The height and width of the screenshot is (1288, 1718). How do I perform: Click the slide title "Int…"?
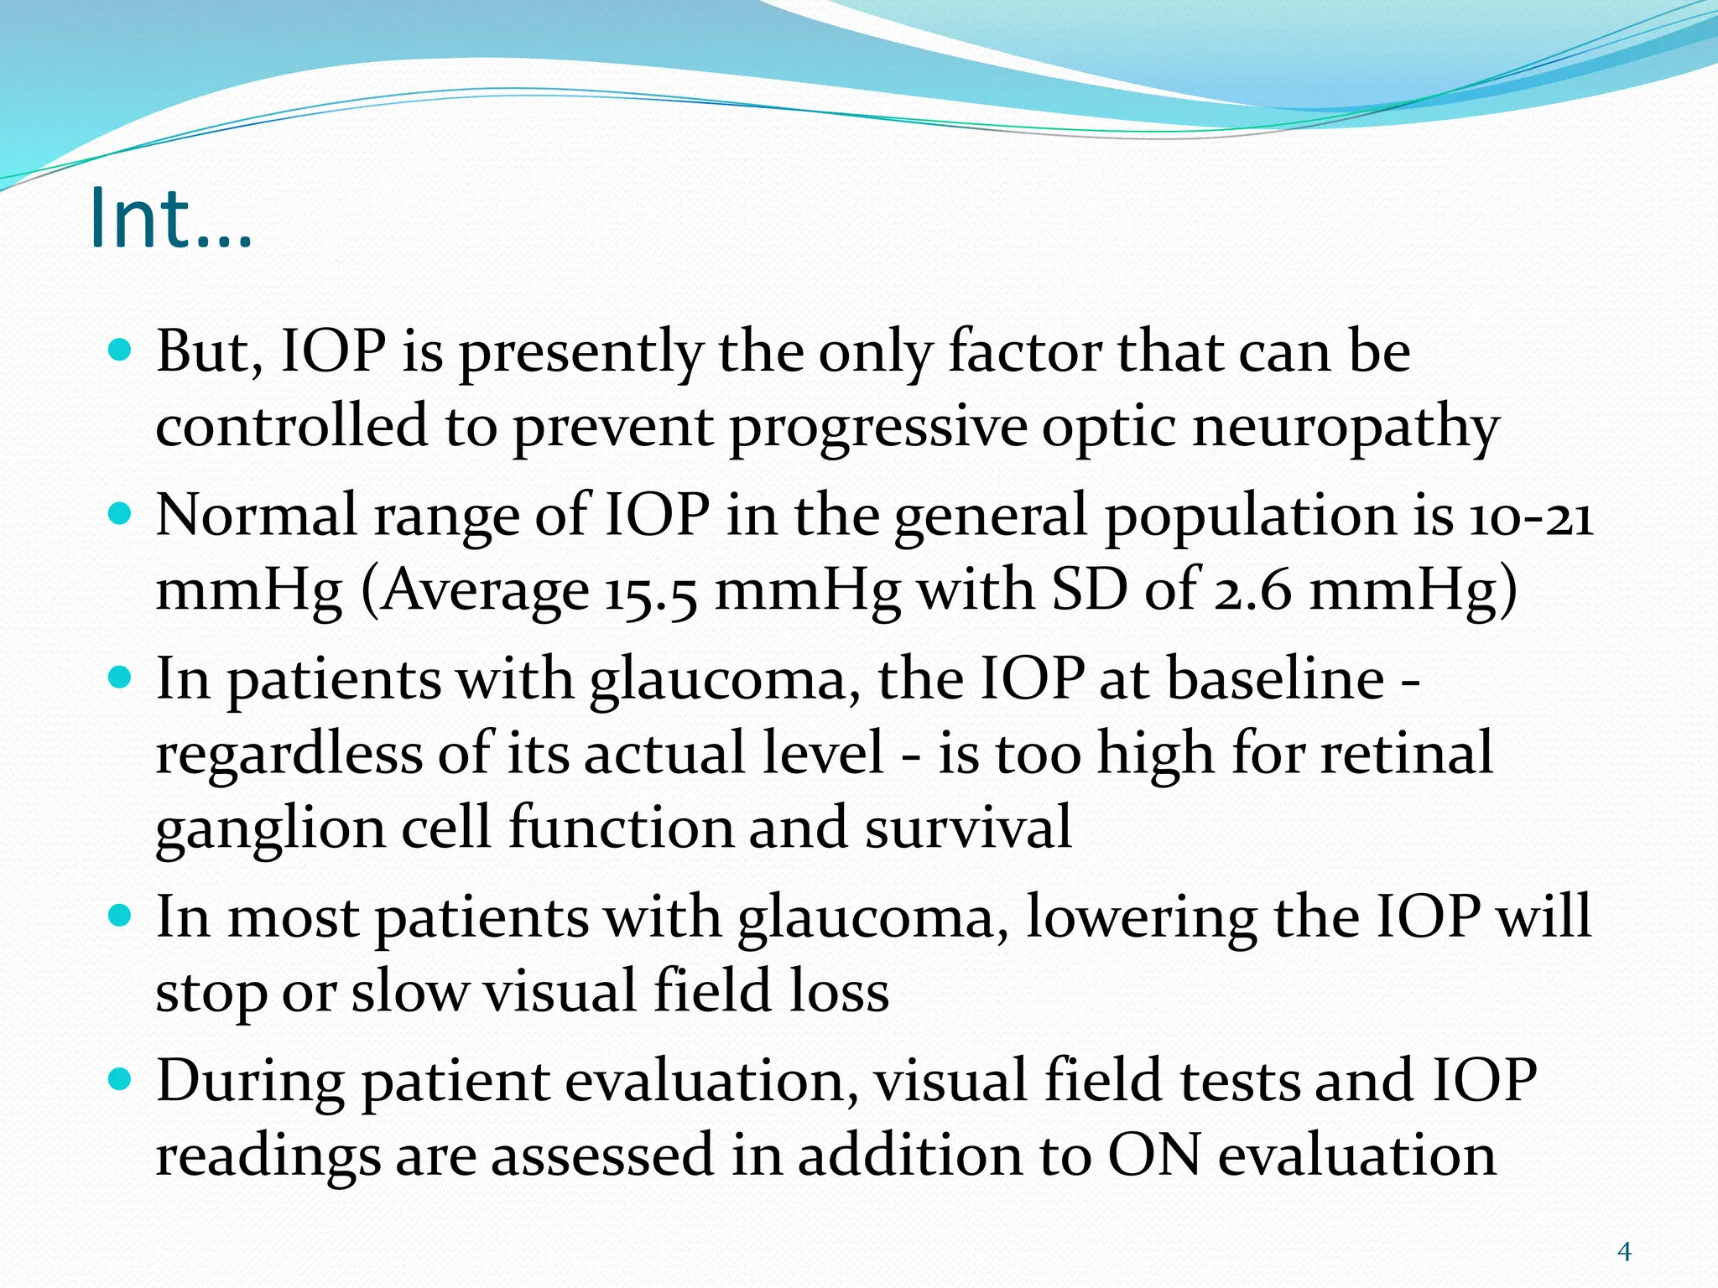click(170, 217)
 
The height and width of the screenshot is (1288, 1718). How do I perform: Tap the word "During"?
click(250, 1082)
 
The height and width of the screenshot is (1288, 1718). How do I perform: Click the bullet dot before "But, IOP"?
click(121, 350)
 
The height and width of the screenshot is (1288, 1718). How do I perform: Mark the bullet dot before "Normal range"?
click(121, 513)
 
